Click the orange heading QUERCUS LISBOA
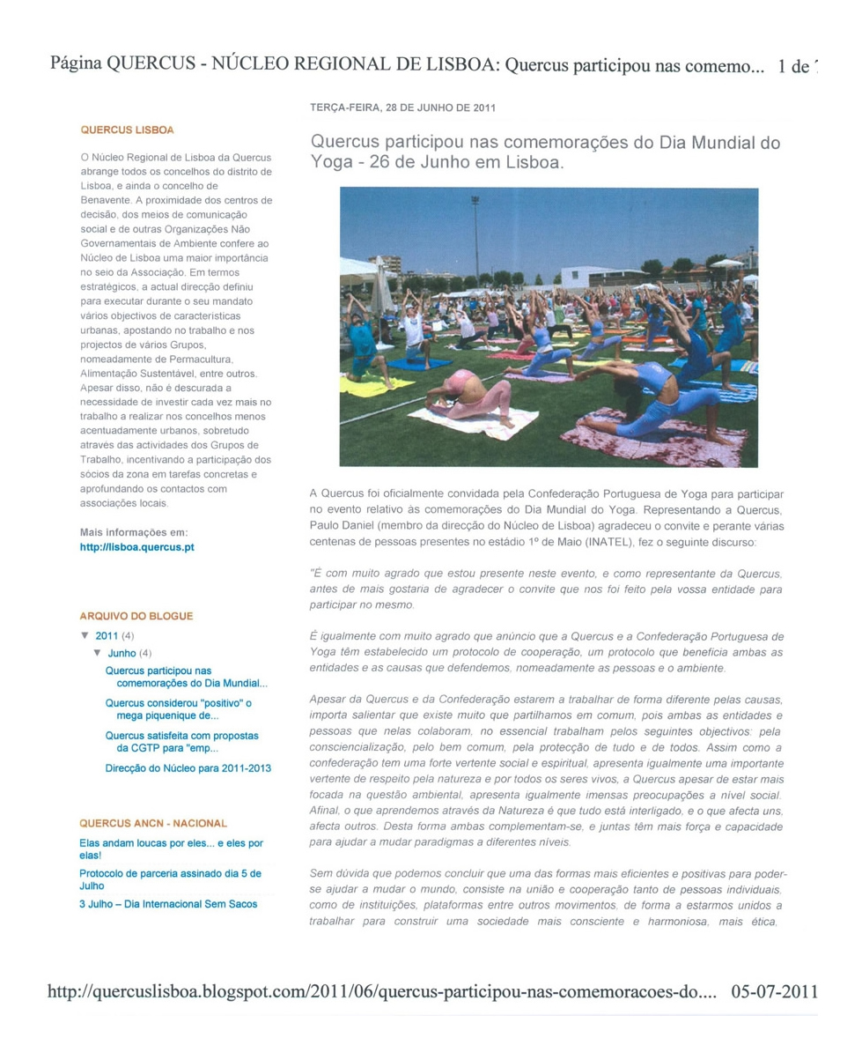click(x=127, y=130)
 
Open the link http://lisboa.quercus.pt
click(x=136, y=547)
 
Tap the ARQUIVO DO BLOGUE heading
click(x=136, y=616)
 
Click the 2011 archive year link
click(x=106, y=635)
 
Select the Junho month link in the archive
click(x=122, y=653)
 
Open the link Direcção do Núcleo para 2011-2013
click(x=188, y=767)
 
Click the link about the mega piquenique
click(x=178, y=709)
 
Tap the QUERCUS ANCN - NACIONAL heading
click(x=153, y=823)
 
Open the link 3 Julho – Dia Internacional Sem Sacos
click(x=167, y=904)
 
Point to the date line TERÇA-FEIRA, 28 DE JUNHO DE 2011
click(x=402, y=108)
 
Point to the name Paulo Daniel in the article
click(x=343, y=526)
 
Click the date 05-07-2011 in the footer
click(x=774, y=991)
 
